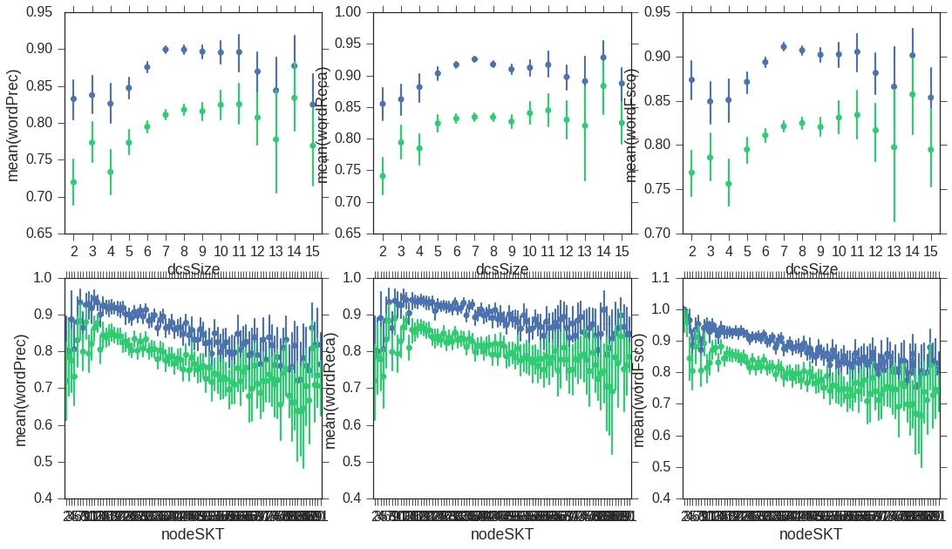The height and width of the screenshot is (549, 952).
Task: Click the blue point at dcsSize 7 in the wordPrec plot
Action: [166, 50]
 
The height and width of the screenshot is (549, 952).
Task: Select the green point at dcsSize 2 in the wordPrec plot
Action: [73, 182]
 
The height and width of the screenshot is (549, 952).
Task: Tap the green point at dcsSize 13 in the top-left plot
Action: [276, 139]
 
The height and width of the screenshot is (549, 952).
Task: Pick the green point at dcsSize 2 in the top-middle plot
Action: [383, 176]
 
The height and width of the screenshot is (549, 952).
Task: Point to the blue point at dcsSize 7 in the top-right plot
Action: [784, 47]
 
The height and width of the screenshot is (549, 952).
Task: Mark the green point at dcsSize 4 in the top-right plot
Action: [729, 184]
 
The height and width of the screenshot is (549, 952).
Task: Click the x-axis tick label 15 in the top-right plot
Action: [931, 252]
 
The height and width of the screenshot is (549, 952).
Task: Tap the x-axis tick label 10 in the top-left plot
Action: [221, 252]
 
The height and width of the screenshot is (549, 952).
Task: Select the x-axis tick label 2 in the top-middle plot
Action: [383, 252]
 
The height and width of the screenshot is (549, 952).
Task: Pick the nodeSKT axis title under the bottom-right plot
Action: [812, 534]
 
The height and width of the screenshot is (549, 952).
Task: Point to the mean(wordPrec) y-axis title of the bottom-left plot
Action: [21, 388]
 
